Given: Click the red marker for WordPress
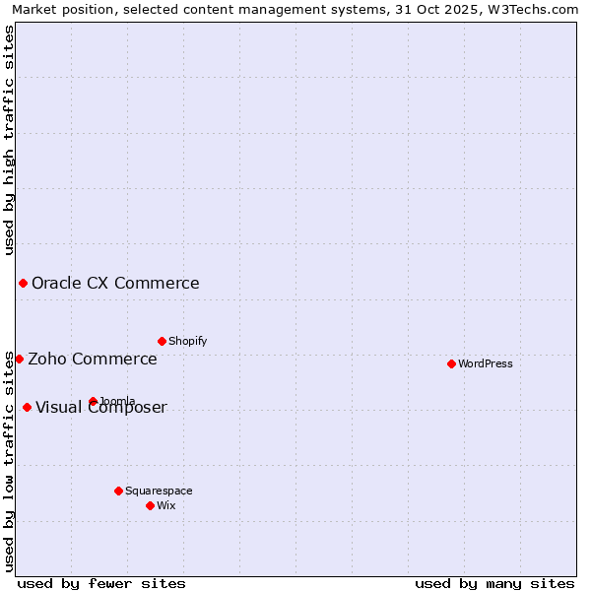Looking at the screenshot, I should point(451,363).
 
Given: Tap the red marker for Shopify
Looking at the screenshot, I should point(162,341).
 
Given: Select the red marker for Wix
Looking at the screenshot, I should point(150,505).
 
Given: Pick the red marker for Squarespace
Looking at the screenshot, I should point(118,491).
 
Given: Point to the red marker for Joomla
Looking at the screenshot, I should point(93,401).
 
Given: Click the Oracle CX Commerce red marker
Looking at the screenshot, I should point(23,284).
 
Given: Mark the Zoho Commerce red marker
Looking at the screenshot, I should point(19,359).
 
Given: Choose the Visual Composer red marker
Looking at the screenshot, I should point(27,408).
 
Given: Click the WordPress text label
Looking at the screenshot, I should point(485,363).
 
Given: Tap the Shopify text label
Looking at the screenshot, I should point(187,341).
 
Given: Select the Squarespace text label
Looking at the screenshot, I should point(159,491).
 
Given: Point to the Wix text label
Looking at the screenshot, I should point(165,505).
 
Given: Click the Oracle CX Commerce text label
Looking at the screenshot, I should point(115,284).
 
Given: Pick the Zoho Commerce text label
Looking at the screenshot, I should point(93,359).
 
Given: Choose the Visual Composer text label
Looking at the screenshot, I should point(101,408).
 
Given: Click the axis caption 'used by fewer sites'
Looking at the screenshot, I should point(101,583).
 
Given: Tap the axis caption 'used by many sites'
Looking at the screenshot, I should point(494,583).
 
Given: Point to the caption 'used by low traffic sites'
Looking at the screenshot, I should point(9,460).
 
